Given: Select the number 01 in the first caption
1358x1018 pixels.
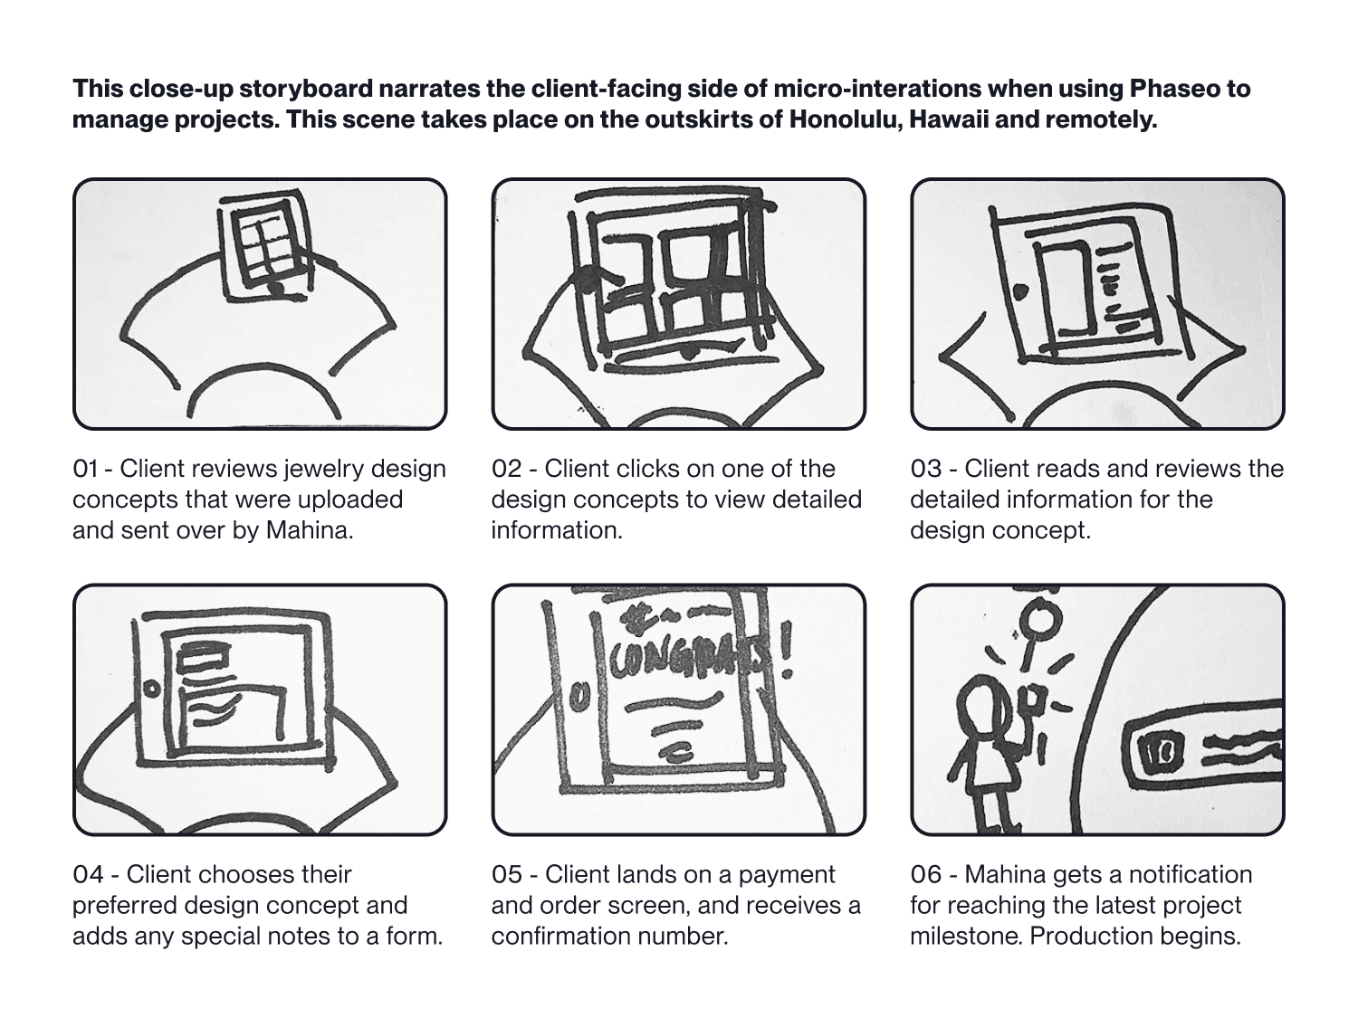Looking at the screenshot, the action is [85, 469].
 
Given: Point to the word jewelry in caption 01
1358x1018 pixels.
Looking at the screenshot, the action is [323, 469].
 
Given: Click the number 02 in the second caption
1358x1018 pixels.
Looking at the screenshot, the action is [507, 469].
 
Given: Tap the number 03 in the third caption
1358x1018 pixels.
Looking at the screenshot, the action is [925, 469].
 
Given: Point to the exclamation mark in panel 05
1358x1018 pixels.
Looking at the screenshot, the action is [787, 651].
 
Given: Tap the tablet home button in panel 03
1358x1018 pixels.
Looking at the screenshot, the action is [1021, 290].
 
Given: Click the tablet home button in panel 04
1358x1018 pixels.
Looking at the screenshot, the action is [151, 688].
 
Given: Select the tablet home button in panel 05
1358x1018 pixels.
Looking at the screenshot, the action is [579, 695].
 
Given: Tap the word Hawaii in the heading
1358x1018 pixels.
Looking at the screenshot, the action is [949, 119].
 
